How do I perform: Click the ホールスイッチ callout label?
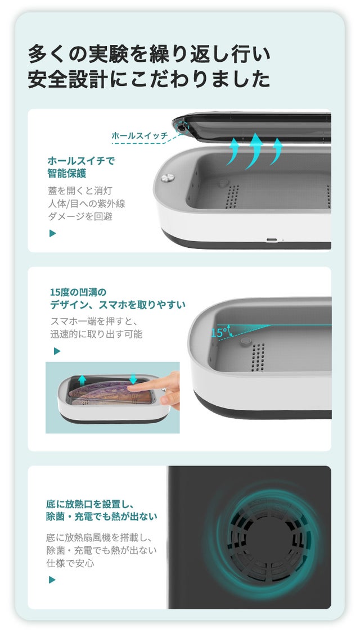139,136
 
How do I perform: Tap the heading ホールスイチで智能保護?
81,167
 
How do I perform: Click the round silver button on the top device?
167,178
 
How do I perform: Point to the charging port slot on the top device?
272,240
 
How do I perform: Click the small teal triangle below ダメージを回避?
52,233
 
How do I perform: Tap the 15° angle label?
219,333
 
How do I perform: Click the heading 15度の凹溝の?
78,292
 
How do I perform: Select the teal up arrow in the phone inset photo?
82,380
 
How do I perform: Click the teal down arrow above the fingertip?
133,379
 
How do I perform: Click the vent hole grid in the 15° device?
258,357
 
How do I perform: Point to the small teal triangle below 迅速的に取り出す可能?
57,351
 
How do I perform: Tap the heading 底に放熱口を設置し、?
89,505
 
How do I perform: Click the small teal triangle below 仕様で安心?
52,580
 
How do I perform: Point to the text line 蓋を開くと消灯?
80,191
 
